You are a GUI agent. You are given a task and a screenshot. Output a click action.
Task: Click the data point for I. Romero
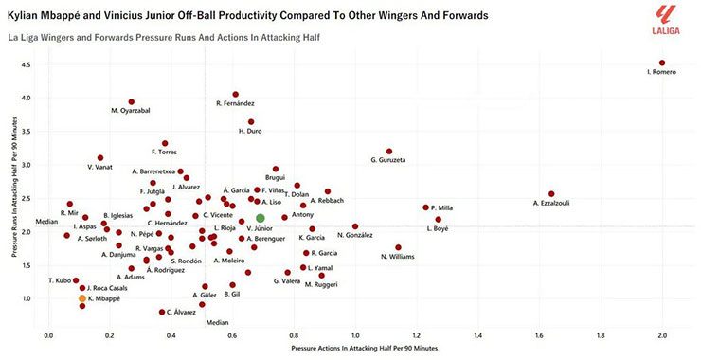(661, 63)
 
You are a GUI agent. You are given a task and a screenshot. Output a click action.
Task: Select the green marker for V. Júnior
(261, 218)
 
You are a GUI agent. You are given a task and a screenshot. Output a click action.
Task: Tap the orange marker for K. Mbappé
(82, 297)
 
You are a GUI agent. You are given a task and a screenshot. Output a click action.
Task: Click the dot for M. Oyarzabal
(132, 102)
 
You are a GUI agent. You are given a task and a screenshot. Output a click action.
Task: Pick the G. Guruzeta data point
(389, 152)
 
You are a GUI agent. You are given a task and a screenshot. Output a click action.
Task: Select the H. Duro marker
(251, 122)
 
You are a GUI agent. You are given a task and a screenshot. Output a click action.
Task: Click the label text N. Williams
(398, 257)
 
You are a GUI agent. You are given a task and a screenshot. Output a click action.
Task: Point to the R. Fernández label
(235, 103)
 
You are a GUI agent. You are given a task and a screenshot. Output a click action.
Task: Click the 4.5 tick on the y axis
(26, 64)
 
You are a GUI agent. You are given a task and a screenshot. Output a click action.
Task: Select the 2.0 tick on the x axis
(661, 334)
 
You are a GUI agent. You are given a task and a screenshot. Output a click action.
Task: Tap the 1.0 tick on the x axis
(354, 334)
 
